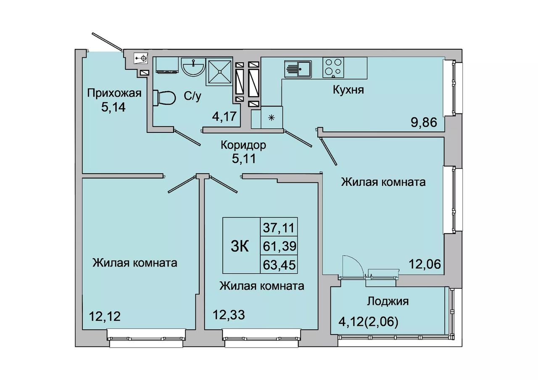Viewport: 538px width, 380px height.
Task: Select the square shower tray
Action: (219, 71)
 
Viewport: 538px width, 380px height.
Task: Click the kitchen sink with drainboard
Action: (298, 69)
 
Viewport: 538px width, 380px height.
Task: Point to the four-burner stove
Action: (333, 67)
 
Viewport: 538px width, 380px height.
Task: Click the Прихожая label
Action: (114, 93)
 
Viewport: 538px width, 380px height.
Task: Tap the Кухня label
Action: (348, 90)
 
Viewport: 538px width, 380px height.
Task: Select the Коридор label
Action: (243, 145)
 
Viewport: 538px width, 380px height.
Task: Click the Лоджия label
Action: (388, 301)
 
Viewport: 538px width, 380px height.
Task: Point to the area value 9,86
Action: (424, 123)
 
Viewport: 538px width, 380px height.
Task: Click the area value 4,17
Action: (226, 116)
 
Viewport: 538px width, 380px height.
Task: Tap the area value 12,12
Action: (105, 317)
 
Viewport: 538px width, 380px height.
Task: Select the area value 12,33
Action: (229, 315)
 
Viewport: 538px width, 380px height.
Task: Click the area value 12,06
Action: (425, 264)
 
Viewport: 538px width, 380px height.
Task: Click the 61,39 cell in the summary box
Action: (280, 246)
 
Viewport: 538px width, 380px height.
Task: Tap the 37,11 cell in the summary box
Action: (279, 227)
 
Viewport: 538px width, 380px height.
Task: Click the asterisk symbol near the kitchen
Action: (272, 118)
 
